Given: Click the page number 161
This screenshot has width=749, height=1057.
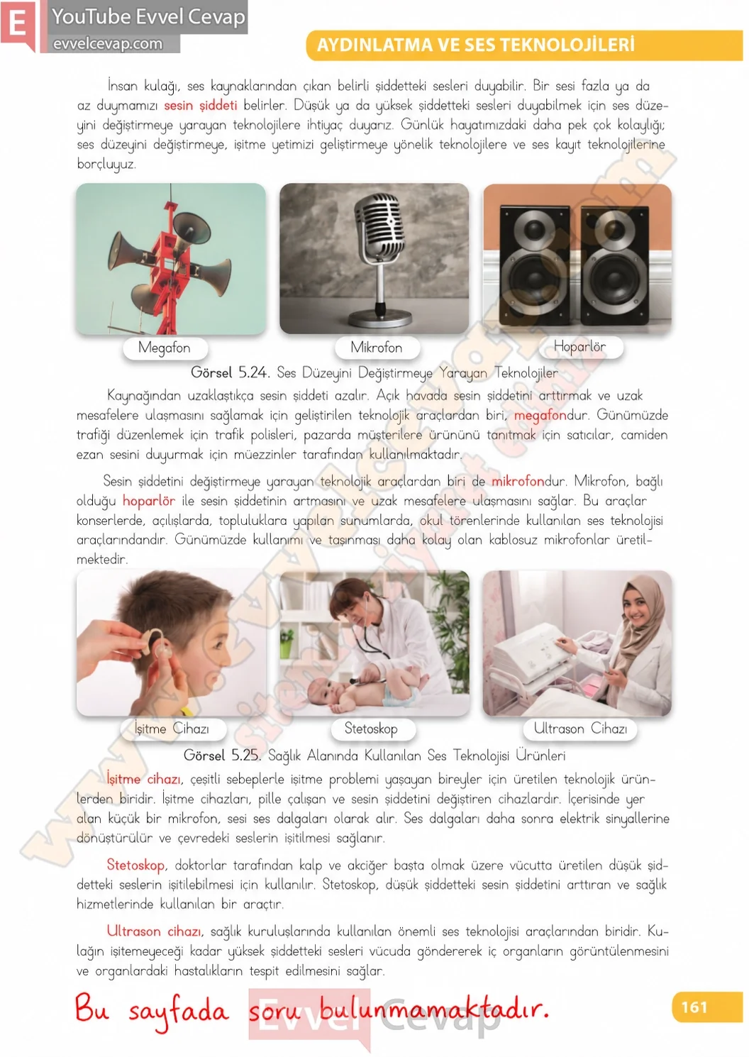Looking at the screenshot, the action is (694, 1007).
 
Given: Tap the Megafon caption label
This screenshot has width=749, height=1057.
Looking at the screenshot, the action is (165, 348).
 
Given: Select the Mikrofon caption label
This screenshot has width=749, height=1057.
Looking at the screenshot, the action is (377, 348).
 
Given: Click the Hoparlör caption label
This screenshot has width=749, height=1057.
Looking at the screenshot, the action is (579, 347).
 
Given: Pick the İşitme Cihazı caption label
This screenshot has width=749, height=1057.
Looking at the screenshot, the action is (172, 729).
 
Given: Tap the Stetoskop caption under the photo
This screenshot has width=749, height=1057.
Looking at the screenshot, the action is (371, 728).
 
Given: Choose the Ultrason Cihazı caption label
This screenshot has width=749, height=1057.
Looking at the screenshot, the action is (580, 728).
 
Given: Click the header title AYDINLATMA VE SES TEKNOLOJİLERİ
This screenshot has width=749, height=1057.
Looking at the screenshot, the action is (475, 45).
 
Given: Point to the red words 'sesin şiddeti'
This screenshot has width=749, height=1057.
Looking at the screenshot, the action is (201, 105).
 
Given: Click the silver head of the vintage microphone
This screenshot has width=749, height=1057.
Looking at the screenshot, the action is (379, 226).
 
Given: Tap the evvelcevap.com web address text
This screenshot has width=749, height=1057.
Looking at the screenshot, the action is (108, 44).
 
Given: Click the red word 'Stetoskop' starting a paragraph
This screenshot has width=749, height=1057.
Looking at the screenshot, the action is (136, 865).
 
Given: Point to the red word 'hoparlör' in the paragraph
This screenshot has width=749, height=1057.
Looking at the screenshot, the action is (148, 501).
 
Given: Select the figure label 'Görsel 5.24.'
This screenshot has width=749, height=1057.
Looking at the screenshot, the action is (231, 372).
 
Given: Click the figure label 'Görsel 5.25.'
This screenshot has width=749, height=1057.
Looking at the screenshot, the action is (222, 756).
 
